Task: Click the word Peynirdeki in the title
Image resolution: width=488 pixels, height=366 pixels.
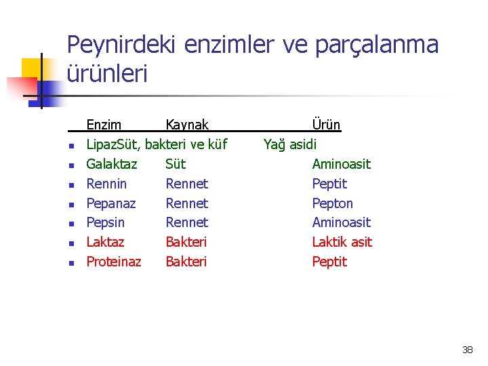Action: [121, 45]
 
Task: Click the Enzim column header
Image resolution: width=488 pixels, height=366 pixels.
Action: [104, 125]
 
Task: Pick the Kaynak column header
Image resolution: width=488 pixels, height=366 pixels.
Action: [187, 125]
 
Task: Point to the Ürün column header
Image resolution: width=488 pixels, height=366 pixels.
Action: [326, 125]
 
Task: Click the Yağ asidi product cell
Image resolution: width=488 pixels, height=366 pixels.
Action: [290, 144]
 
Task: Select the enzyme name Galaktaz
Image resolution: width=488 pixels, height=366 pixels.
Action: [111, 164]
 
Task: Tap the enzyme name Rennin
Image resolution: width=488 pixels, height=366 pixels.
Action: [106, 184]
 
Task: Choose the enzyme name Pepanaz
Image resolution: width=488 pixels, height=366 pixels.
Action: [111, 203]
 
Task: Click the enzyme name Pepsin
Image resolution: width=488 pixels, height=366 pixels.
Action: [106, 222]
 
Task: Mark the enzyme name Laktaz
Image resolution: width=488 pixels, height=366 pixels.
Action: [105, 242]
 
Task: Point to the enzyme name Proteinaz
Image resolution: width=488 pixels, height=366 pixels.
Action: [114, 262]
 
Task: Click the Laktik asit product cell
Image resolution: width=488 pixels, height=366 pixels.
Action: [342, 242]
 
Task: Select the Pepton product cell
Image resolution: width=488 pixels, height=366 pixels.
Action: [332, 203]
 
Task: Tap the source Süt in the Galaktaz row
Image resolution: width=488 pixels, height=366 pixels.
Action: [175, 164]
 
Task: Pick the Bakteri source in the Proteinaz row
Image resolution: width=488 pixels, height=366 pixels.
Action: [186, 262]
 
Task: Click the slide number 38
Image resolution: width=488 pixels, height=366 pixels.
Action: [467, 350]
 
